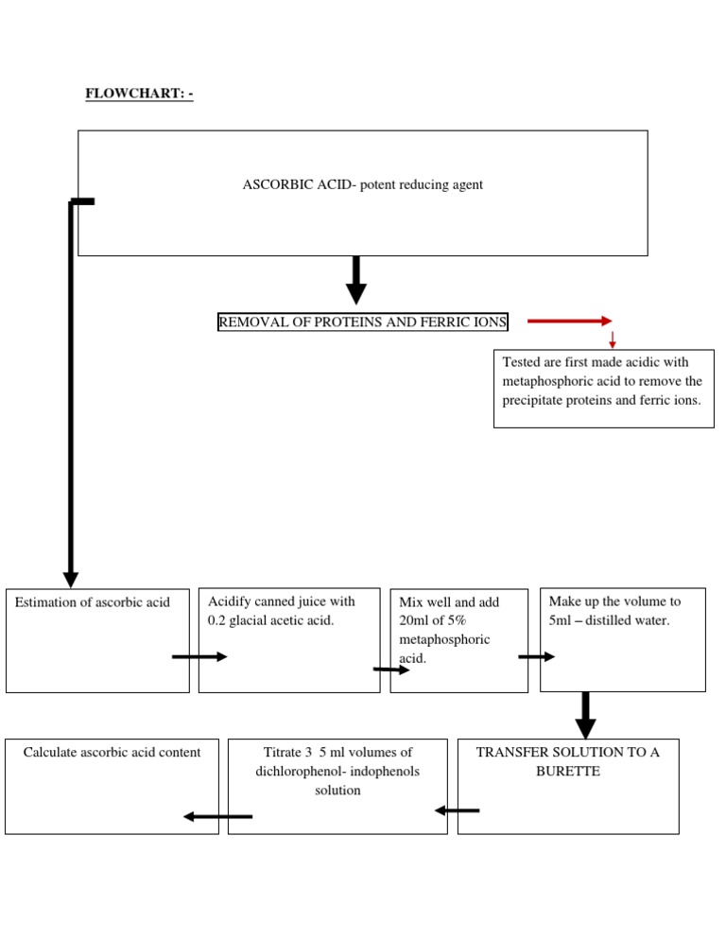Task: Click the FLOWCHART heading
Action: [x=139, y=94]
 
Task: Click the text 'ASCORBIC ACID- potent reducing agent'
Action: [x=362, y=184]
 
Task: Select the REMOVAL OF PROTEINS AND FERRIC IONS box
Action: [x=363, y=322]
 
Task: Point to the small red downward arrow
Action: [x=613, y=339]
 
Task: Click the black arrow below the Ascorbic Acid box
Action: [x=356, y=279]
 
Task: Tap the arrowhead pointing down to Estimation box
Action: [x=71, y=578]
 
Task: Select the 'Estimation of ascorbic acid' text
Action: [x=93, y=601]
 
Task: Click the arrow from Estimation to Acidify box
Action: [x=199, y=656]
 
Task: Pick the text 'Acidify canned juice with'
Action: [x=282, y=601]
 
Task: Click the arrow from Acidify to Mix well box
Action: [x=391, y=670]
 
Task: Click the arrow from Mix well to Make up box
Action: [x=536, y=656]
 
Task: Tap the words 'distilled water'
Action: [x=627, y=620]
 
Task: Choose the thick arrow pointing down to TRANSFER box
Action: [x=586, y=715]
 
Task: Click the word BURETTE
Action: [x=567, y=771]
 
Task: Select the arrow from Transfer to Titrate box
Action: [x=457, y=809]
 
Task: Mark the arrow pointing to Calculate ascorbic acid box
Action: [x=217, y=816]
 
